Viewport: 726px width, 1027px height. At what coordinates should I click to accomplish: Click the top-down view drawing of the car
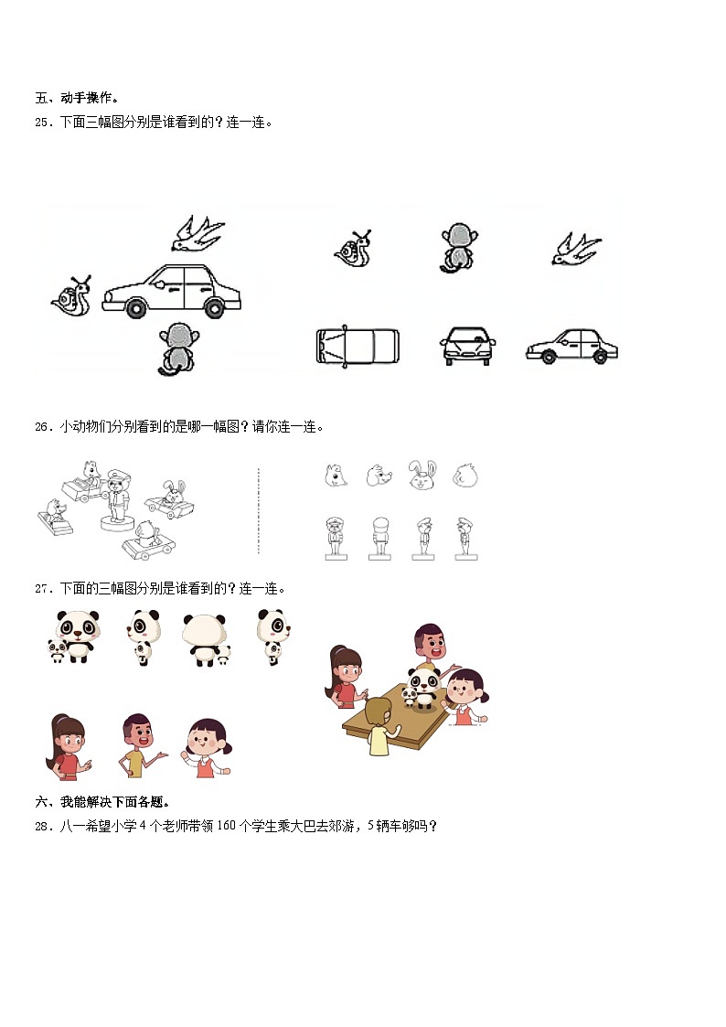[x=358, y=347]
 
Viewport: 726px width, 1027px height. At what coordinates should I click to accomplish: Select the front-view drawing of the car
[x=467, y=346]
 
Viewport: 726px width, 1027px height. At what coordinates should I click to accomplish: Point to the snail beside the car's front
[x=71, y=296]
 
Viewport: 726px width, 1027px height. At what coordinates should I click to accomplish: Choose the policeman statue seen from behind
[x=379, y=538]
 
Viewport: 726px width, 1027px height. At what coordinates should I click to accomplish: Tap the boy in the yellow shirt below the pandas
[x=138, y=746]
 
